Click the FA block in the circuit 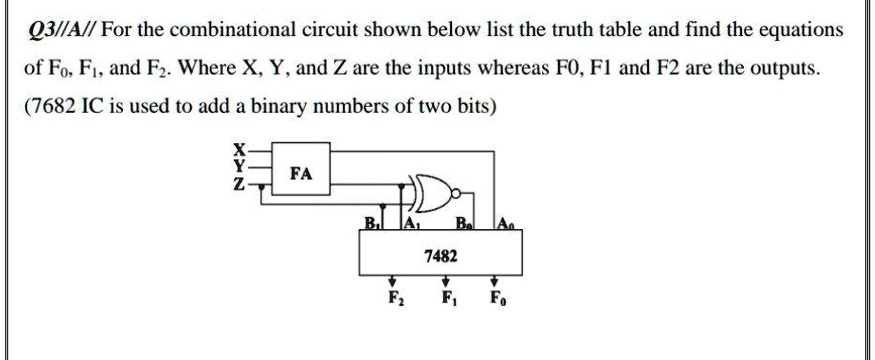pos(300,173)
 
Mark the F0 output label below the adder pos(494,299)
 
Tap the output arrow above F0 pos(494,282)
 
